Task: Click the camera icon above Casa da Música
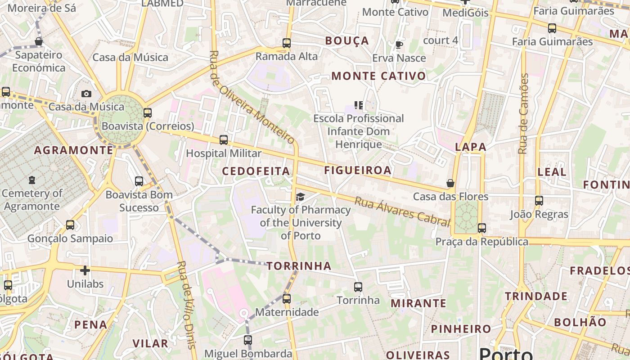(86, 94)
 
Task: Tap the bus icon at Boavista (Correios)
(147, 113)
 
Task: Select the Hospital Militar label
(224, 153)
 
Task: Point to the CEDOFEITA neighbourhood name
(256, 171)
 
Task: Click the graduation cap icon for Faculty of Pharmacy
(300, 197)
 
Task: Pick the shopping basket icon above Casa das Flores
(450, 183)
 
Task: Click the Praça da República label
(481, 242)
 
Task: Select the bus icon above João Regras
(539, 201)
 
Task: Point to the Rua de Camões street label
(523, 113)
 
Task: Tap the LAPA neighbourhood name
(471, 147)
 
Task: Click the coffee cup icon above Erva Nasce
(399, 45)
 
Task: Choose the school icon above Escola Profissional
(359, 105)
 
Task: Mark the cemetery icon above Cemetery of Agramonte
(31, 180)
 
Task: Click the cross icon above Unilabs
(85, 270)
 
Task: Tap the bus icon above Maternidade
(286, 298)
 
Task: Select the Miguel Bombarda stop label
(248, 353)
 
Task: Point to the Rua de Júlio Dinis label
(187, 305)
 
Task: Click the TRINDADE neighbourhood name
(536, 296)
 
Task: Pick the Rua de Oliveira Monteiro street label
(252, 97)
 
